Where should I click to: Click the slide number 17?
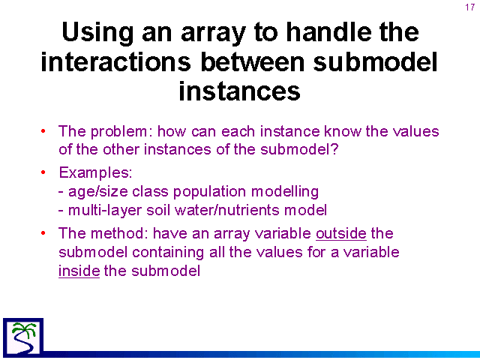click(x=470, y=7)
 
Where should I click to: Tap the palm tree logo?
click(x=23, y=337)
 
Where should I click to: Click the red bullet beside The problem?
click(x=43, y=131)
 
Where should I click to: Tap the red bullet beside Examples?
click(x=43, y=172)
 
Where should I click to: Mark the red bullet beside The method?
click(x=43, y=233)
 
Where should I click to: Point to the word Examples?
click(x=95, y=173)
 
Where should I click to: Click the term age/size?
click(x=98, y=192)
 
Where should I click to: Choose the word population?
click(x=209, y=192)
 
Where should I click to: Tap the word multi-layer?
click(x=105, y=211)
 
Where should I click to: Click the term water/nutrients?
click(x=227, y=210)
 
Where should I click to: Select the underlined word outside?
click(x=341, y=234)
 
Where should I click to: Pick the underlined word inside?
click(x=79, y=271)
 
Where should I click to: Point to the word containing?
click(x=168, y=253)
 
